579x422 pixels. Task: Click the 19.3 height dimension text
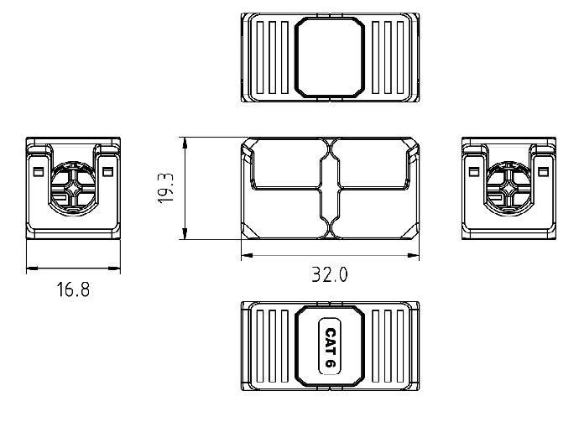pos(166,189)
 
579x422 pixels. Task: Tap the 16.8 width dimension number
pos(73,290)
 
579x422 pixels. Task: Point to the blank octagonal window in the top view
pos(330,58)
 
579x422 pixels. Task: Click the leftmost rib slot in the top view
pos(260,58)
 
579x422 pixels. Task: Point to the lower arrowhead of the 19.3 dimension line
pos(185,237)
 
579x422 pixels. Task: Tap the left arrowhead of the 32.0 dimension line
pos(246,256)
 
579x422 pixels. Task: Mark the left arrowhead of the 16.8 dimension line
pos(31,269)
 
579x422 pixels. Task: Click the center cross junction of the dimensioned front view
pos(330,188)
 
